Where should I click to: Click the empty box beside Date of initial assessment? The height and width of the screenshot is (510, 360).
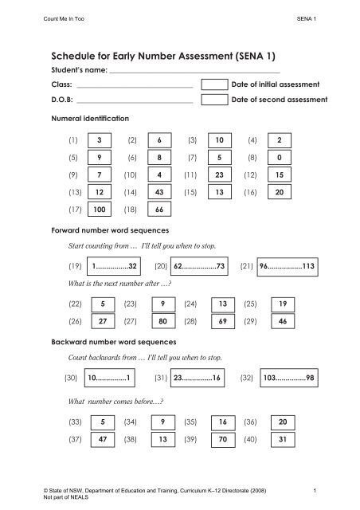(x=214, y=84)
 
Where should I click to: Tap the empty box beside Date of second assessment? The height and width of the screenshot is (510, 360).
(x=214, y=100)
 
